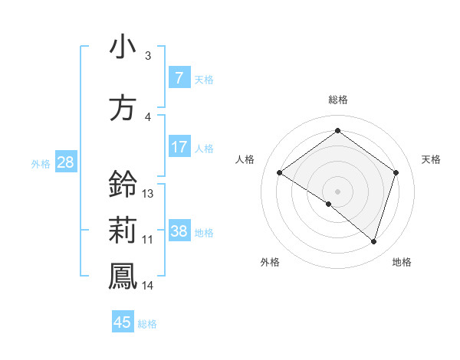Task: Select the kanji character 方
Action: coord(123,108)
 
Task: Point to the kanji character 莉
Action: coord(123,231)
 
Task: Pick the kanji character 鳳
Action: coord(123,277)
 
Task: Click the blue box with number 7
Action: coord(179,77)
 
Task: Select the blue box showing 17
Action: coord(179,146)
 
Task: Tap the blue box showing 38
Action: coord(179,231)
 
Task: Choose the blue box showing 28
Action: coord(65,162)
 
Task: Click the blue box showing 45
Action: coord(123,322)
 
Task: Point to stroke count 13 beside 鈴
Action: coord(148,194)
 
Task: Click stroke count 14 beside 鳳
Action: coord(148,286)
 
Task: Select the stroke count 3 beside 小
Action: coord(147,56)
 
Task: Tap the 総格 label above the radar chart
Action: coord(337,100)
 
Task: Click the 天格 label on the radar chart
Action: coord(432,159)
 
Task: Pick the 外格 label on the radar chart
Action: coord(270,262)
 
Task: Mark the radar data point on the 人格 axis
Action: coord(279,173)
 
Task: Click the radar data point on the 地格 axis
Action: coord(373,241)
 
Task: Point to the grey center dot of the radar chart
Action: coord(337,191)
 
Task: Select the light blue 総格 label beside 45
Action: coord(147,324)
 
